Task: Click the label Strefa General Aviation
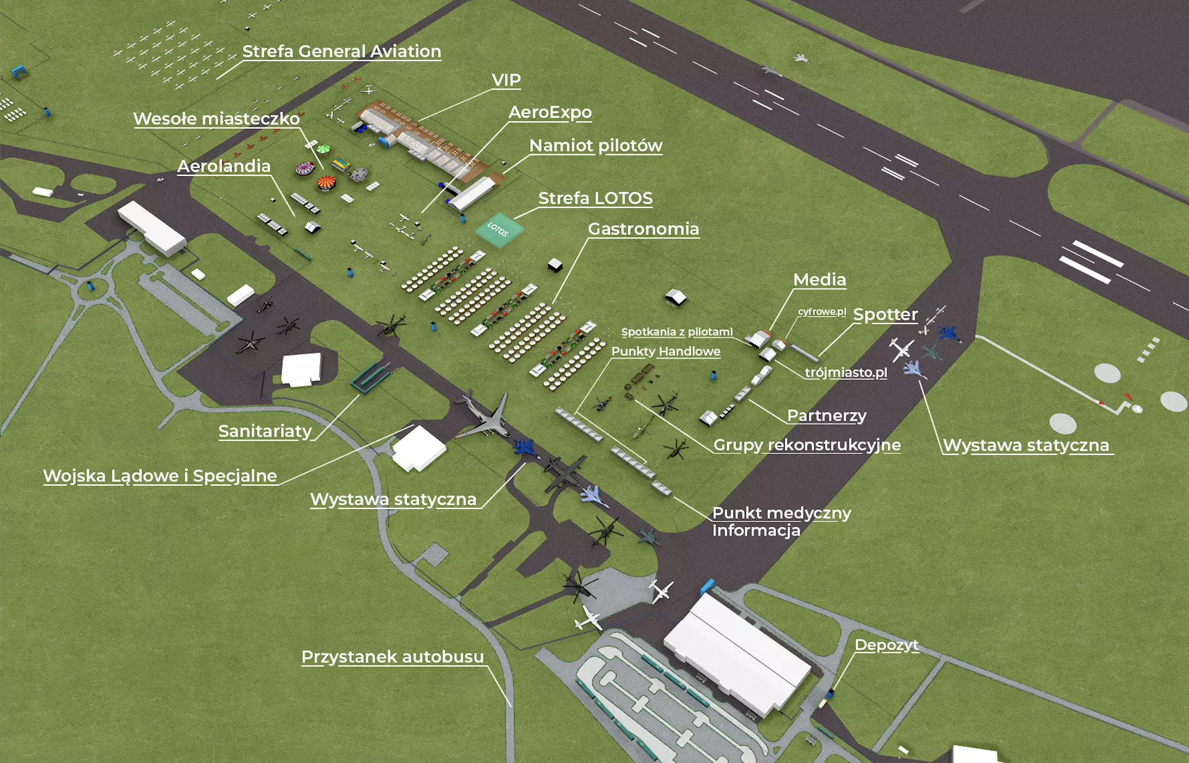point(342,51)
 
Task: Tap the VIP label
point(506,80)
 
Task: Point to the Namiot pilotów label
point(596,146)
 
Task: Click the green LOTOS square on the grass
point(499,230)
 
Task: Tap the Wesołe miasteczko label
point(217,119)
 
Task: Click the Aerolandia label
point(224,166)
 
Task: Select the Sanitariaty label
point(265,432)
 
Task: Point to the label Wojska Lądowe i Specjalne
point(160,476)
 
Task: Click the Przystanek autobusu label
point(393,657)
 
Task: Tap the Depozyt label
point(887,645)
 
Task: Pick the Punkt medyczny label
point(781,513)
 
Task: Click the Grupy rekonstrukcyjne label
point(807,445)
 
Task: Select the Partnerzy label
point(827,416)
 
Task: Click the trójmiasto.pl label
point(846,373)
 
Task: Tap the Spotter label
point(885,315)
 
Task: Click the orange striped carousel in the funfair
point(326,183)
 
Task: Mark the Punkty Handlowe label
point(666,352)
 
